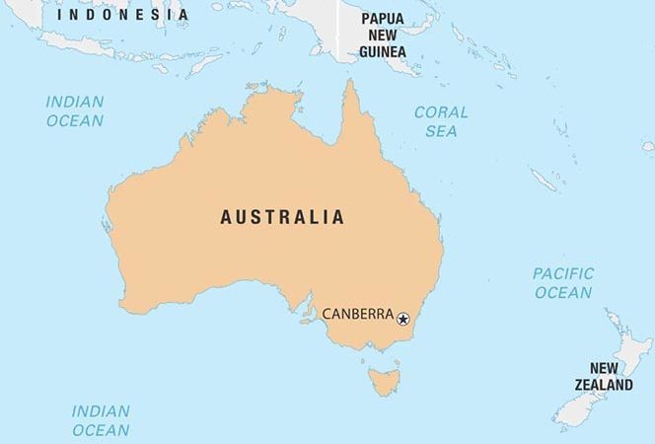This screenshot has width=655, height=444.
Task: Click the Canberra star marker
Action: coord(402,318)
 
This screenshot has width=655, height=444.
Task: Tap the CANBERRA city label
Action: coord(358,316)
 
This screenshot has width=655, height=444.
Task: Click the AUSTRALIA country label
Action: coord(282,217)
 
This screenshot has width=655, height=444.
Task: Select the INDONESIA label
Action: coord(122,15)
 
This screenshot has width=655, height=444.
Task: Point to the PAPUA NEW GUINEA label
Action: coord(382,36)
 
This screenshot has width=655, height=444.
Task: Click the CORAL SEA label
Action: coord(441,121)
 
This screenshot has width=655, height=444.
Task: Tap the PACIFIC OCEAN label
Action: coord(563,282)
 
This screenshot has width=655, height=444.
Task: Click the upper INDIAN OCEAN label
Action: coord(74,111)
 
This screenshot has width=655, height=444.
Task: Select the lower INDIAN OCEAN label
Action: coord(100,420)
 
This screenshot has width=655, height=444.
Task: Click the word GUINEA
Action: coord(382,52)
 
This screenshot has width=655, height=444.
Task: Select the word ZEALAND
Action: coord(604,385)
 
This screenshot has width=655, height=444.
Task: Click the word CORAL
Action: coord(441,112)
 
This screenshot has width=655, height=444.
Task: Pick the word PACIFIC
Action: coord(563,273)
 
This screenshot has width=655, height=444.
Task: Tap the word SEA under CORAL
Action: coord(441,130)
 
